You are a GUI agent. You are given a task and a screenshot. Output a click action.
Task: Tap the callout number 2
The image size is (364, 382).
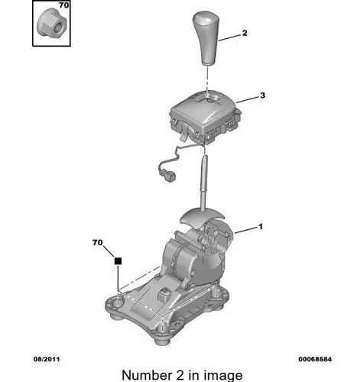pyautogui.click(x=245, y=33)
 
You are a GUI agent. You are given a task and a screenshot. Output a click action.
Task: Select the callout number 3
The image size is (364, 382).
pyautogui.click(x=262, y=95)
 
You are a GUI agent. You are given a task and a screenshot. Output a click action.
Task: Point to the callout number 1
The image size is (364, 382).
pyautogui.click(x=260, y=226)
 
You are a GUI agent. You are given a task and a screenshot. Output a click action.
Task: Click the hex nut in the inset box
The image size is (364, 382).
pyautogui.click(x=52, y=24)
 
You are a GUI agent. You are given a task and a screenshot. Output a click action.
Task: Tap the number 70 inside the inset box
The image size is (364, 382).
pyautogui.click(x=64, y=5)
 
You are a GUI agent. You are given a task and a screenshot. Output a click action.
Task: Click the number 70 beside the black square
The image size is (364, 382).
pyautogui.click(x=98, y=242)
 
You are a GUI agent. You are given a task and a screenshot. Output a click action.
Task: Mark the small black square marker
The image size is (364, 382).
pyautogui.click(x=118, y=261)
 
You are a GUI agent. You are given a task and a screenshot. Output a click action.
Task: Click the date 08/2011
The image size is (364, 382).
pyautogui.click(x=47, y=359)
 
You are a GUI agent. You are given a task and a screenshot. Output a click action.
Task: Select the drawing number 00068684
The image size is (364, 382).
pyautogui.click(x=315, y=359)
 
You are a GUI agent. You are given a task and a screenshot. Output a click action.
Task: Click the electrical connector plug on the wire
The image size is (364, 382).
pyautogui.click(x=167, y=176)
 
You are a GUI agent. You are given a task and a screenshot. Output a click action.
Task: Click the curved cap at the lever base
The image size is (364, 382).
pyautogui.click(x=202, y=219)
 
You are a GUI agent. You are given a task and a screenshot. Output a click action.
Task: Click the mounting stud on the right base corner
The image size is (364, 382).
pyautogui.click(x=216, y=292)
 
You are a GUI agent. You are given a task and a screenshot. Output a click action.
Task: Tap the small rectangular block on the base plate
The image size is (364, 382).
pyautogui.click(x=164, y=294)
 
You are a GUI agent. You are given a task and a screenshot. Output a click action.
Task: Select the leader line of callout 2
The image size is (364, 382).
pyautogui.click(x=229, y=37)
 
